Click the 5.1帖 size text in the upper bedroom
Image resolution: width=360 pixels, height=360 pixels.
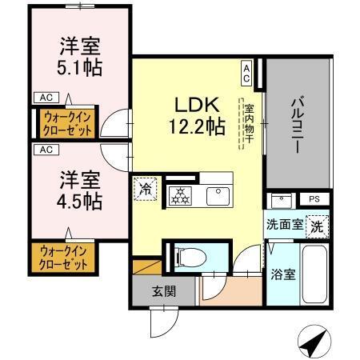point(79,67)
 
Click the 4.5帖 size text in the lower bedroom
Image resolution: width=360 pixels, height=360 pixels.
point(79,200)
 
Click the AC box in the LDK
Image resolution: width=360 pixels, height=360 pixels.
point(246,74)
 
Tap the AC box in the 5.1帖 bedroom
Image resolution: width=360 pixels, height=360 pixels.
point(43,98)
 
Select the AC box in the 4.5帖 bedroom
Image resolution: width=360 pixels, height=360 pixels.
point(46,150)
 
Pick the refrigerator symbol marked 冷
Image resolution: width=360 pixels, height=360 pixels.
point(145,189)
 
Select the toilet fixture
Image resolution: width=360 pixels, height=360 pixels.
point(189,257)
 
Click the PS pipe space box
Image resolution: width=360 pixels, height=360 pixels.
point(314,199)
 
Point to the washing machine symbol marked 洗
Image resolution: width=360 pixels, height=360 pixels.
point(318,226)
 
